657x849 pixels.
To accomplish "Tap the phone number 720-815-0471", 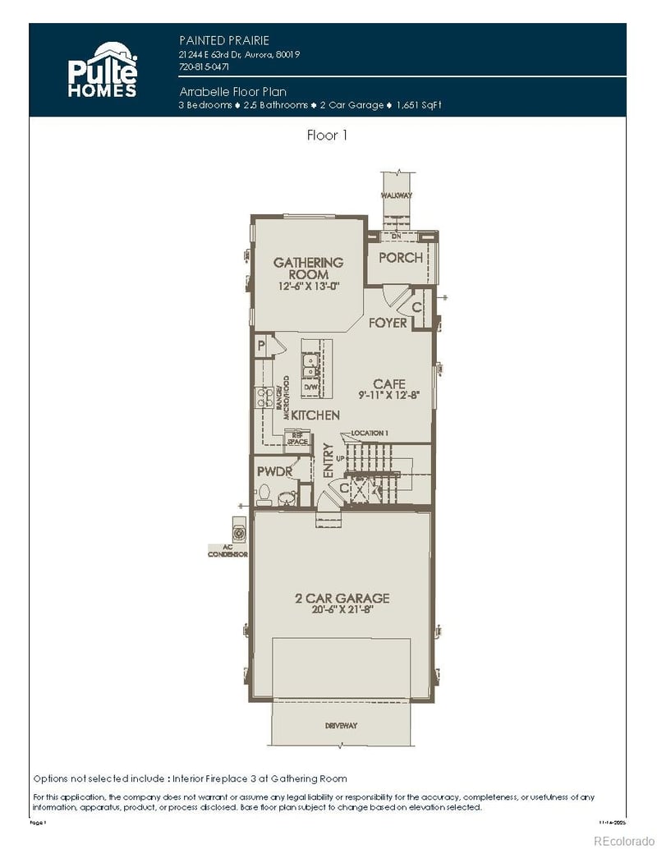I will pos(204,67).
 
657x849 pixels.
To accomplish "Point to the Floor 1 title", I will pos(327,135).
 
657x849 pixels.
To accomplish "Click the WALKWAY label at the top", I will pos(396,195).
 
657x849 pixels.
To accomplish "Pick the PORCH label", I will pos(401,258).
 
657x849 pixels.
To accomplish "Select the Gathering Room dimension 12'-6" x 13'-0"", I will pos(308,287).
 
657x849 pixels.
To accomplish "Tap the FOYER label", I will pos(388,324).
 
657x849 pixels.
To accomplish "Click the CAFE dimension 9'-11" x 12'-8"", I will pos(389,395).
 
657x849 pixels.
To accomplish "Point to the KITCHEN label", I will pos(315,415).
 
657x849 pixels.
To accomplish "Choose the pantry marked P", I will pos(260,346).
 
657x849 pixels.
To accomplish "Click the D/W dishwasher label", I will pos(311,386).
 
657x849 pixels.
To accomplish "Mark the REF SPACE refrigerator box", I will pos(296,438).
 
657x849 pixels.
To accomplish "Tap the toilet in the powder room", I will pos(264,494).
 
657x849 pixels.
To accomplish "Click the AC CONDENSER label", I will pos(227,551).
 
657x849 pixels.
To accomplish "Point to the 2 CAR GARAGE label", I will pos(342,599).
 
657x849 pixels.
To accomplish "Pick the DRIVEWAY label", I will pos(341,726).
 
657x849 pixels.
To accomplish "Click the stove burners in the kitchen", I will pos(266,398).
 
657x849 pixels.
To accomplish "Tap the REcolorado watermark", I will pos(622,839).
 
